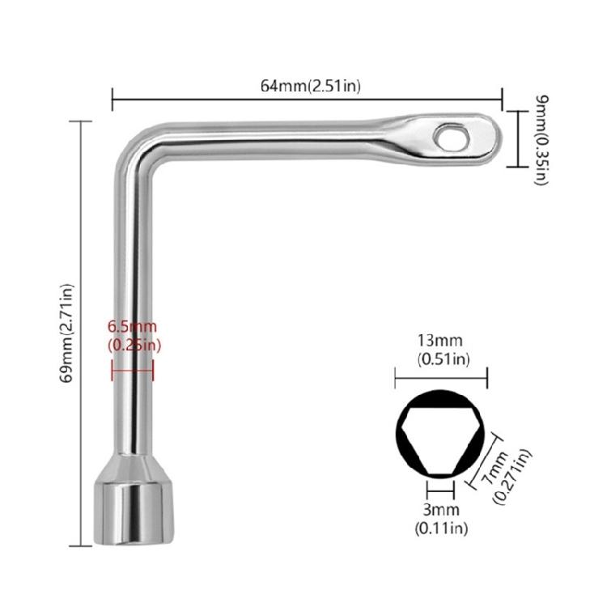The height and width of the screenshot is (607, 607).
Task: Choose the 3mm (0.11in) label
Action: (x=442, y=518)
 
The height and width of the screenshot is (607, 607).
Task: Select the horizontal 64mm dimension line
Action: (x=308, y=100)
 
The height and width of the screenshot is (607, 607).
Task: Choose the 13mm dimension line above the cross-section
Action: (x=441, y=377)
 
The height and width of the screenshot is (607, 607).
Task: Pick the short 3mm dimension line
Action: (x=442, y=490)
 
